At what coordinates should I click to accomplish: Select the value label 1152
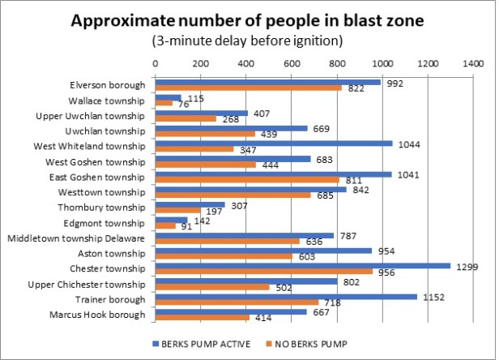(x=431, y=297)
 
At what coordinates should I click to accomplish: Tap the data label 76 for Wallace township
(x=181, y=104)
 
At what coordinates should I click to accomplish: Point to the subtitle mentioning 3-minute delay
(x=249, y=41)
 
